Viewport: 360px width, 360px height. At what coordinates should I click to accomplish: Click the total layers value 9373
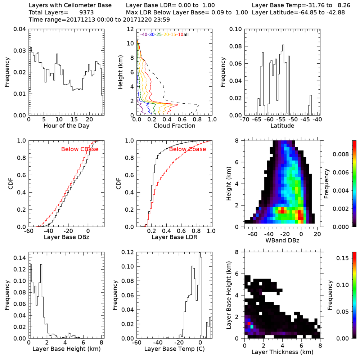(x=86, y=13)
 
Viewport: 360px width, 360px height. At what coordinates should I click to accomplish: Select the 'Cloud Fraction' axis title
(x=174, y=126)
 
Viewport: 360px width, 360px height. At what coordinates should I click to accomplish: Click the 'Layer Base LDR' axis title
(x=174, y=238)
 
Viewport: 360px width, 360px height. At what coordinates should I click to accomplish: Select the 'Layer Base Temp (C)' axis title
(x=174, y=349)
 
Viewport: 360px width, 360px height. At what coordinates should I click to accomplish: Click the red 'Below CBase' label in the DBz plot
(x=80, y=149)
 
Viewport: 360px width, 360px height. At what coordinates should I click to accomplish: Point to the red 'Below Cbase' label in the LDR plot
(x=188, y=149)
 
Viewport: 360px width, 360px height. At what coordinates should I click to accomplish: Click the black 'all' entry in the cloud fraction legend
(x=186, y=35)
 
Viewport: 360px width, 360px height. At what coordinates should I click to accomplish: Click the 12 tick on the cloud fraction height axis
(x=131, y=29)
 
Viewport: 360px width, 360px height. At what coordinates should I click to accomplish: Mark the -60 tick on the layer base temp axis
(x=137, y=343)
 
